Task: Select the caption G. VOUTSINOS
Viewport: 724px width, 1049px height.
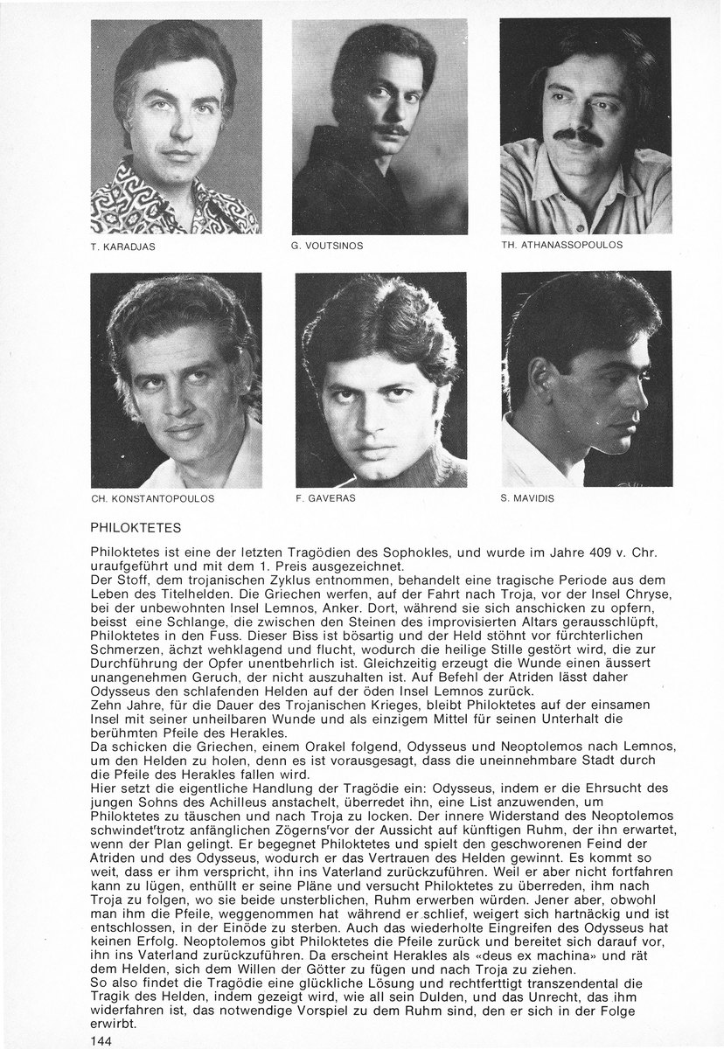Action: [x=328, y=247]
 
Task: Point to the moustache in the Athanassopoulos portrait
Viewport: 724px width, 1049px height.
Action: [x=579, y=137]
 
